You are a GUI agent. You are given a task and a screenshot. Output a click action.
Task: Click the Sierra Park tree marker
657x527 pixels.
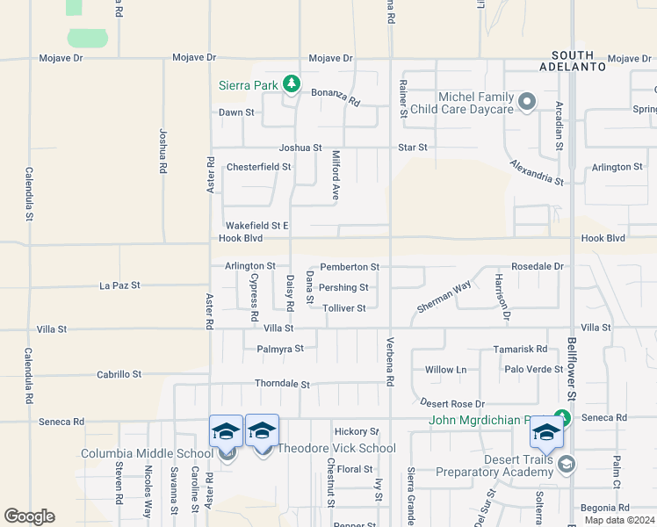[292, 85]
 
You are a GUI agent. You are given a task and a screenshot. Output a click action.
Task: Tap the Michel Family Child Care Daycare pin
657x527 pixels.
[527, 103]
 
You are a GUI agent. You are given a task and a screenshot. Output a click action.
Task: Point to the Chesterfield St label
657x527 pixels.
[258, 166]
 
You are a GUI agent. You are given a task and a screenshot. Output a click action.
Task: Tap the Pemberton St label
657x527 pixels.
[350, 266]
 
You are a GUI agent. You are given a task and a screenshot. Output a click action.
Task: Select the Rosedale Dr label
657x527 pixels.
[537, 266]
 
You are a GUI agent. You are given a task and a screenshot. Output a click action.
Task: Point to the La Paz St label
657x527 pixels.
[119, 285]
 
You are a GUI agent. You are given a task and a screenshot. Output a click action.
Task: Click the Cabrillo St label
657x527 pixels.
[119, 374]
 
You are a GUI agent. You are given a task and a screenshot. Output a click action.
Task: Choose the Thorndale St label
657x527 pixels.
[282, 384]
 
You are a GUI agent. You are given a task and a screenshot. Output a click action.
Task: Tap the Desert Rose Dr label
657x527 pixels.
[452, 402]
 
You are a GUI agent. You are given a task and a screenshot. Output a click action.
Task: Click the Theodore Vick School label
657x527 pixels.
[336, 448]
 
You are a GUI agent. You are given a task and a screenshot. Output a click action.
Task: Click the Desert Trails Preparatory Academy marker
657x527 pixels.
[567, 463]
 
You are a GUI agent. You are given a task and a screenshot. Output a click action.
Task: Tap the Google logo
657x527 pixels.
[29, 516]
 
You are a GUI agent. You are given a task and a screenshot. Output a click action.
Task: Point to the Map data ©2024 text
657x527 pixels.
[618, 520]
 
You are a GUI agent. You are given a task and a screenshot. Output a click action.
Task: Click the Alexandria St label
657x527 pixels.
[537, 172]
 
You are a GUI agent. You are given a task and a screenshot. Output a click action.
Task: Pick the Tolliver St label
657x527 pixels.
[343, 307]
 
